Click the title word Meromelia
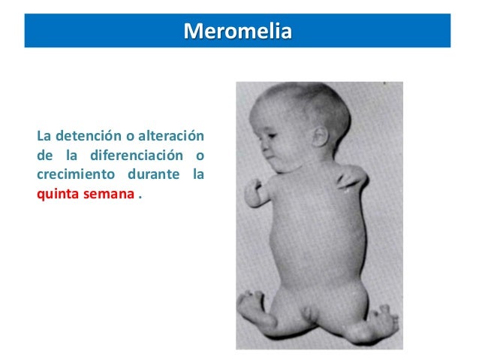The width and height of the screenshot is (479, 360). pos(238,33)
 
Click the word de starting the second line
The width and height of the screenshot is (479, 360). pos(44,156)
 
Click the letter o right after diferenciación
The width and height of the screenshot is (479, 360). pos(200,156)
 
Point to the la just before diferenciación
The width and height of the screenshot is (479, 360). pos(73,156)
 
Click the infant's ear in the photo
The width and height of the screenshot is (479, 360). pos(318,136)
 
